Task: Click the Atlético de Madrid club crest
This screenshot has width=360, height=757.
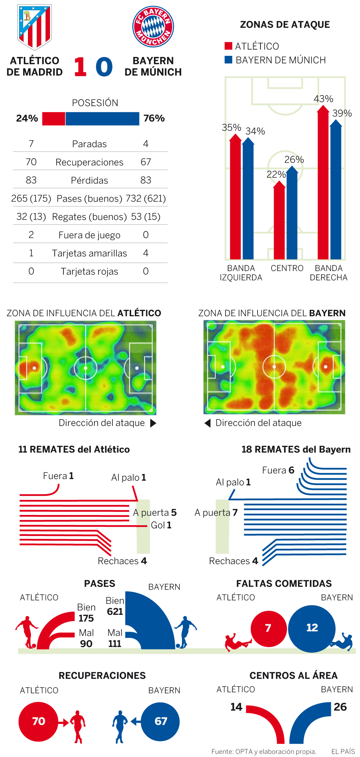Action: tap(35, 27)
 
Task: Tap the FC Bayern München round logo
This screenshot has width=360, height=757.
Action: tap(153, 26)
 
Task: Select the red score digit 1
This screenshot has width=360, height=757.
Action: tap(80, 67)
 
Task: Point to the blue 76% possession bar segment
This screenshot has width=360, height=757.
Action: tap(102, 119)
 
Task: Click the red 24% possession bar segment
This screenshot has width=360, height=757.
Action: tap(54, 119)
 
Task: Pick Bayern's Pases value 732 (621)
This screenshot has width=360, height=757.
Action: tap(145, 199)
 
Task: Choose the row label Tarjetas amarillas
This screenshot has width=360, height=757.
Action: tap(89, 253)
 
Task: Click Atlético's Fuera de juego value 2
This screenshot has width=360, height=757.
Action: tap(31, 235)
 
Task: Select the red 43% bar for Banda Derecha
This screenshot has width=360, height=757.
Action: tap(323, 184)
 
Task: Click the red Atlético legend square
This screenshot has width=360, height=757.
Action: tap(228, 46)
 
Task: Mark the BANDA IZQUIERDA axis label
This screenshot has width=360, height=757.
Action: tap(241, 273)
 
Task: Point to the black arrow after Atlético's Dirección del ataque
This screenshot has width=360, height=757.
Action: tap(154, 423)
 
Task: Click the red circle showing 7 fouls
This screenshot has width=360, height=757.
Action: tap(269, 628)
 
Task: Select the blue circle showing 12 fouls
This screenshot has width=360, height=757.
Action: tap(312, 628)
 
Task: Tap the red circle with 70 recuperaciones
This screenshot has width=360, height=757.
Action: tap(39, 721)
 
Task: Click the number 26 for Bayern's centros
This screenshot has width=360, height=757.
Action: tap(340, 707)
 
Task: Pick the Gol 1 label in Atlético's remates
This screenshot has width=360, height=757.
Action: tap(161, 525)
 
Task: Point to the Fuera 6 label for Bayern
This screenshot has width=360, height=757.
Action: tap(278, 471)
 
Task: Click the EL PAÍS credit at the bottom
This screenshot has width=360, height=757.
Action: tap(343, 751)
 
